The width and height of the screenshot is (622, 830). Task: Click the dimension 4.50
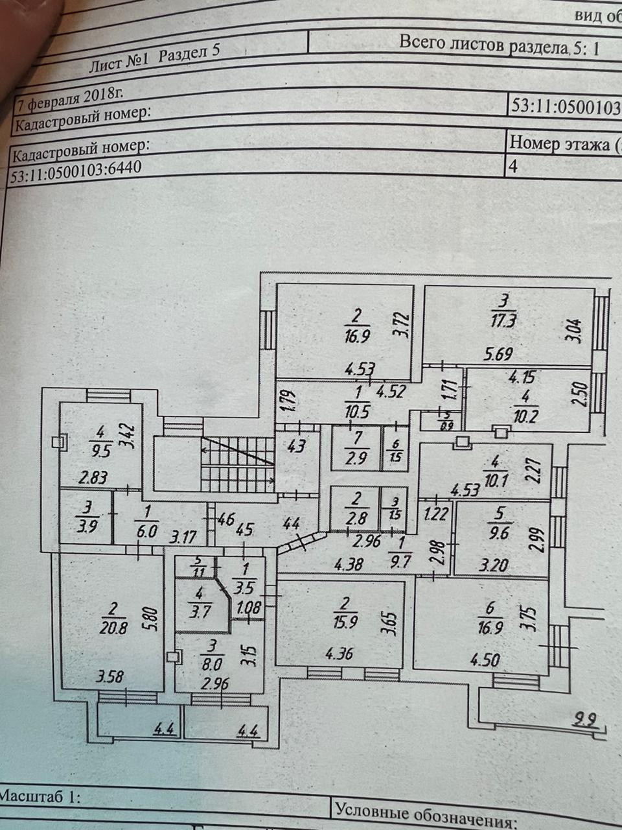click(x=485, y=661)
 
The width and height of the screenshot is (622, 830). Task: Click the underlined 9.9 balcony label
click(x=586, y=718)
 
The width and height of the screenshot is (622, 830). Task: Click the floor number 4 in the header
click(x=513, y=166)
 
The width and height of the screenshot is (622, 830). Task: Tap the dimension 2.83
click(x=93, y=478)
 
